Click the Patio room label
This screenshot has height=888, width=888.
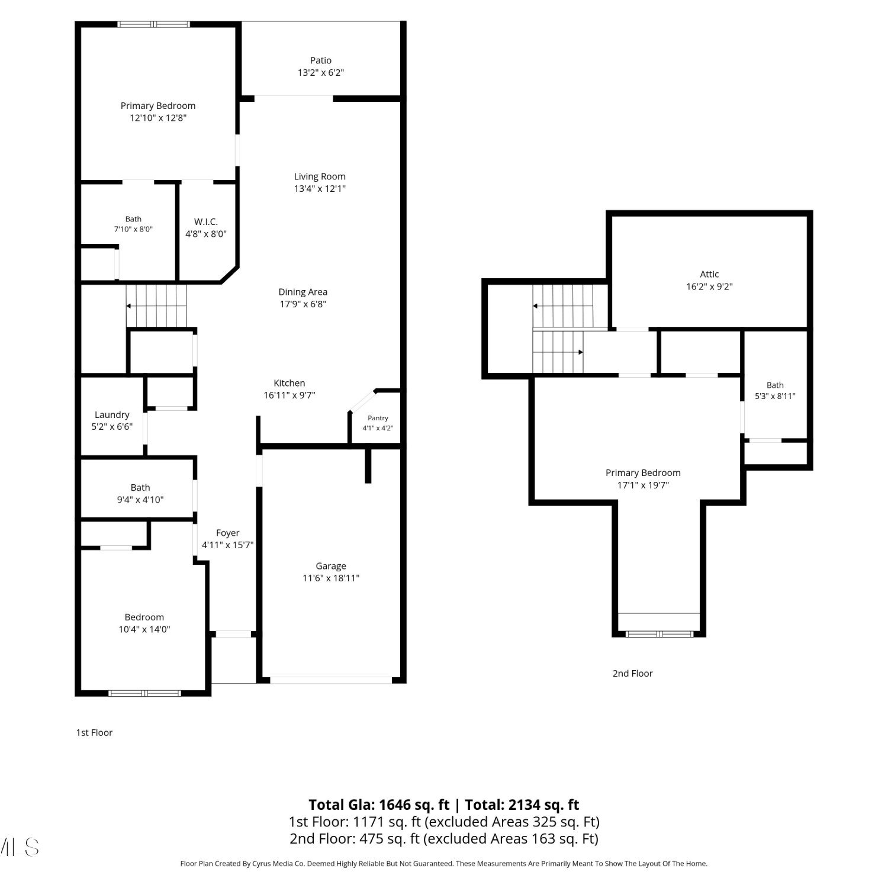tap(321, 60)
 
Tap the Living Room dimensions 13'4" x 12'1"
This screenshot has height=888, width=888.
tap(320, 189)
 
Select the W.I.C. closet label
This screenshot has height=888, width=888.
tap(206, 221)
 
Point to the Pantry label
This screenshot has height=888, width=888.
tap(378, 418)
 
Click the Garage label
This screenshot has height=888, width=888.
tap(331, 566)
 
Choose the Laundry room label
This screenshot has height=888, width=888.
tap(112, 415)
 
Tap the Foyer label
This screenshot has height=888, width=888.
tap(228, 533)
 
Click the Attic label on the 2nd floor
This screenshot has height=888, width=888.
tap(709, 274)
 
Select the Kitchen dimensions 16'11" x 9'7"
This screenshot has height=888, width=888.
tap(289, 395)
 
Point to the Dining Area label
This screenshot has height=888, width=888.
tap(303, 292)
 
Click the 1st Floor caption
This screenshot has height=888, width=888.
tap(94, 732)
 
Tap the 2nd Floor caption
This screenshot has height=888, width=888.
tap(633, 673)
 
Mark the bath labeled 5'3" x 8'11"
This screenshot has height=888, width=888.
tap(775, 391)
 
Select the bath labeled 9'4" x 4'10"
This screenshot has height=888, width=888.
tap(140, 493)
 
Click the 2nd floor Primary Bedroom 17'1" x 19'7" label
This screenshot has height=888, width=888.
tap(643, 478)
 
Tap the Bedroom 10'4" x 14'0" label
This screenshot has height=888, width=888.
tap(144, 623)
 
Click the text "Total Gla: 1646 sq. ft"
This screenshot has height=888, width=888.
tap(379, 805)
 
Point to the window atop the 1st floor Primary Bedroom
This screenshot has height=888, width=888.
tap(153, 24)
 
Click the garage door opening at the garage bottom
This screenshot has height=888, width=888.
tap(331, 680)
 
